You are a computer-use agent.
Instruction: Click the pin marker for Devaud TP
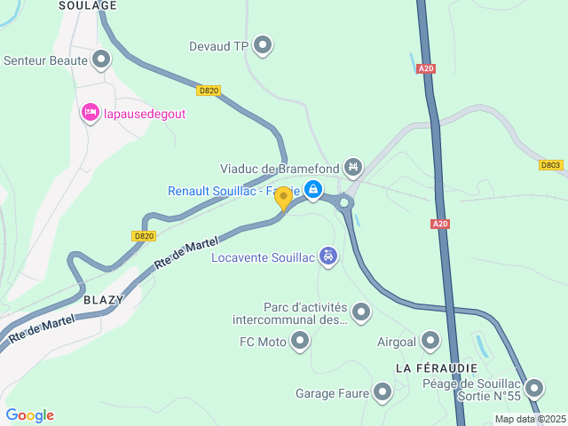point(263,44)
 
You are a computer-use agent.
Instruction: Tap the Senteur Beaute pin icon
point(101,60)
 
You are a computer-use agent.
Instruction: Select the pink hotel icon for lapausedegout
point(90,113)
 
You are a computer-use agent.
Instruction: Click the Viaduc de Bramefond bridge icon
point(353,166)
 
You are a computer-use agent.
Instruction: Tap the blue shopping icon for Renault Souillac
point(312,189)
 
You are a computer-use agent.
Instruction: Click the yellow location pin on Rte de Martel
point(283,199)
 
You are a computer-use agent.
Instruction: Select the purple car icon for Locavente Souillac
point(328,256)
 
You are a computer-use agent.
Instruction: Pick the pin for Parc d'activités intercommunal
point(361,312)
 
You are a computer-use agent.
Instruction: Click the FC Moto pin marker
point(301,340)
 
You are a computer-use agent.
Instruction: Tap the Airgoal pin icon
point(430,340)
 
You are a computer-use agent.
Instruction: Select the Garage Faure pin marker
point(383,391)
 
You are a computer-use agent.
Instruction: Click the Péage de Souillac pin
point(534,388)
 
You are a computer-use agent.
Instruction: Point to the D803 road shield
point(551,165)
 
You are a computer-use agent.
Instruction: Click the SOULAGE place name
point(88,5)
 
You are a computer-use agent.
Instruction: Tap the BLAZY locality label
point(103,300)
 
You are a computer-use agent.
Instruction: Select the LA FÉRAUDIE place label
point(436,367)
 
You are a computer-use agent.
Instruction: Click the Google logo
point(30,415)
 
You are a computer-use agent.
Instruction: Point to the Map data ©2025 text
point(529,419)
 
